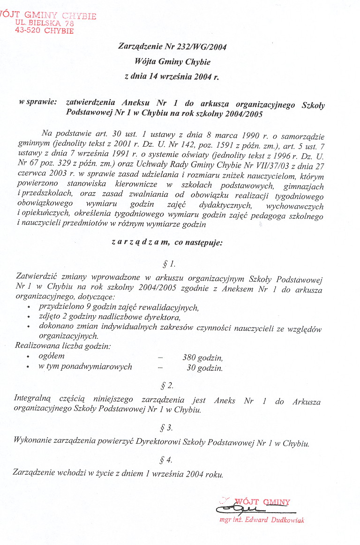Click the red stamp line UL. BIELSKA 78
(45, 23)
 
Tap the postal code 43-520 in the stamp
(29, 31)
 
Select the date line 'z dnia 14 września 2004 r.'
(172, 76)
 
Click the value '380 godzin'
(202, 358)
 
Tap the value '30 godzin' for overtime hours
(204, 368)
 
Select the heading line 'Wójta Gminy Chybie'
(172, 61)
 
